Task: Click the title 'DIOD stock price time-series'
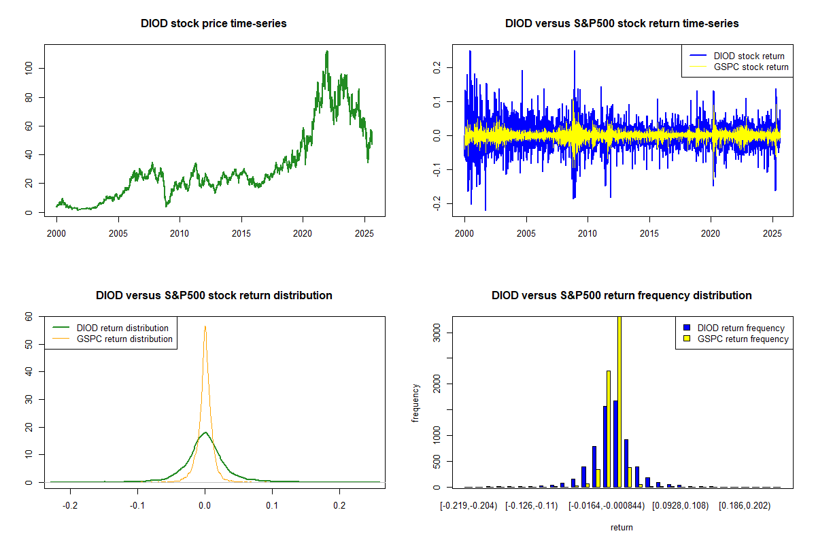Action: pyautogui.click(x=214, y=24)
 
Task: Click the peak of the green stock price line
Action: pyautogui.click(x=327, y=51)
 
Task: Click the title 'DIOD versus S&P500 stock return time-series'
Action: pyautogui.click(x=622, y=24)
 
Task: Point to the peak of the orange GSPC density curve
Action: pyautogui.click(x=205, y=326)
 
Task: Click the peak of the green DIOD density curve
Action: pyautogui.click(x=205, y=432)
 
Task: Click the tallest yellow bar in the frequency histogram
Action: pyautogui.click(x=619, y=401)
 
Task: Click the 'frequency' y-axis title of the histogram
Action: pyautogui.click(x=416, y=403)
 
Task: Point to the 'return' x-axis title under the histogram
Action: pyautogui.click(x=622, y=527)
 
